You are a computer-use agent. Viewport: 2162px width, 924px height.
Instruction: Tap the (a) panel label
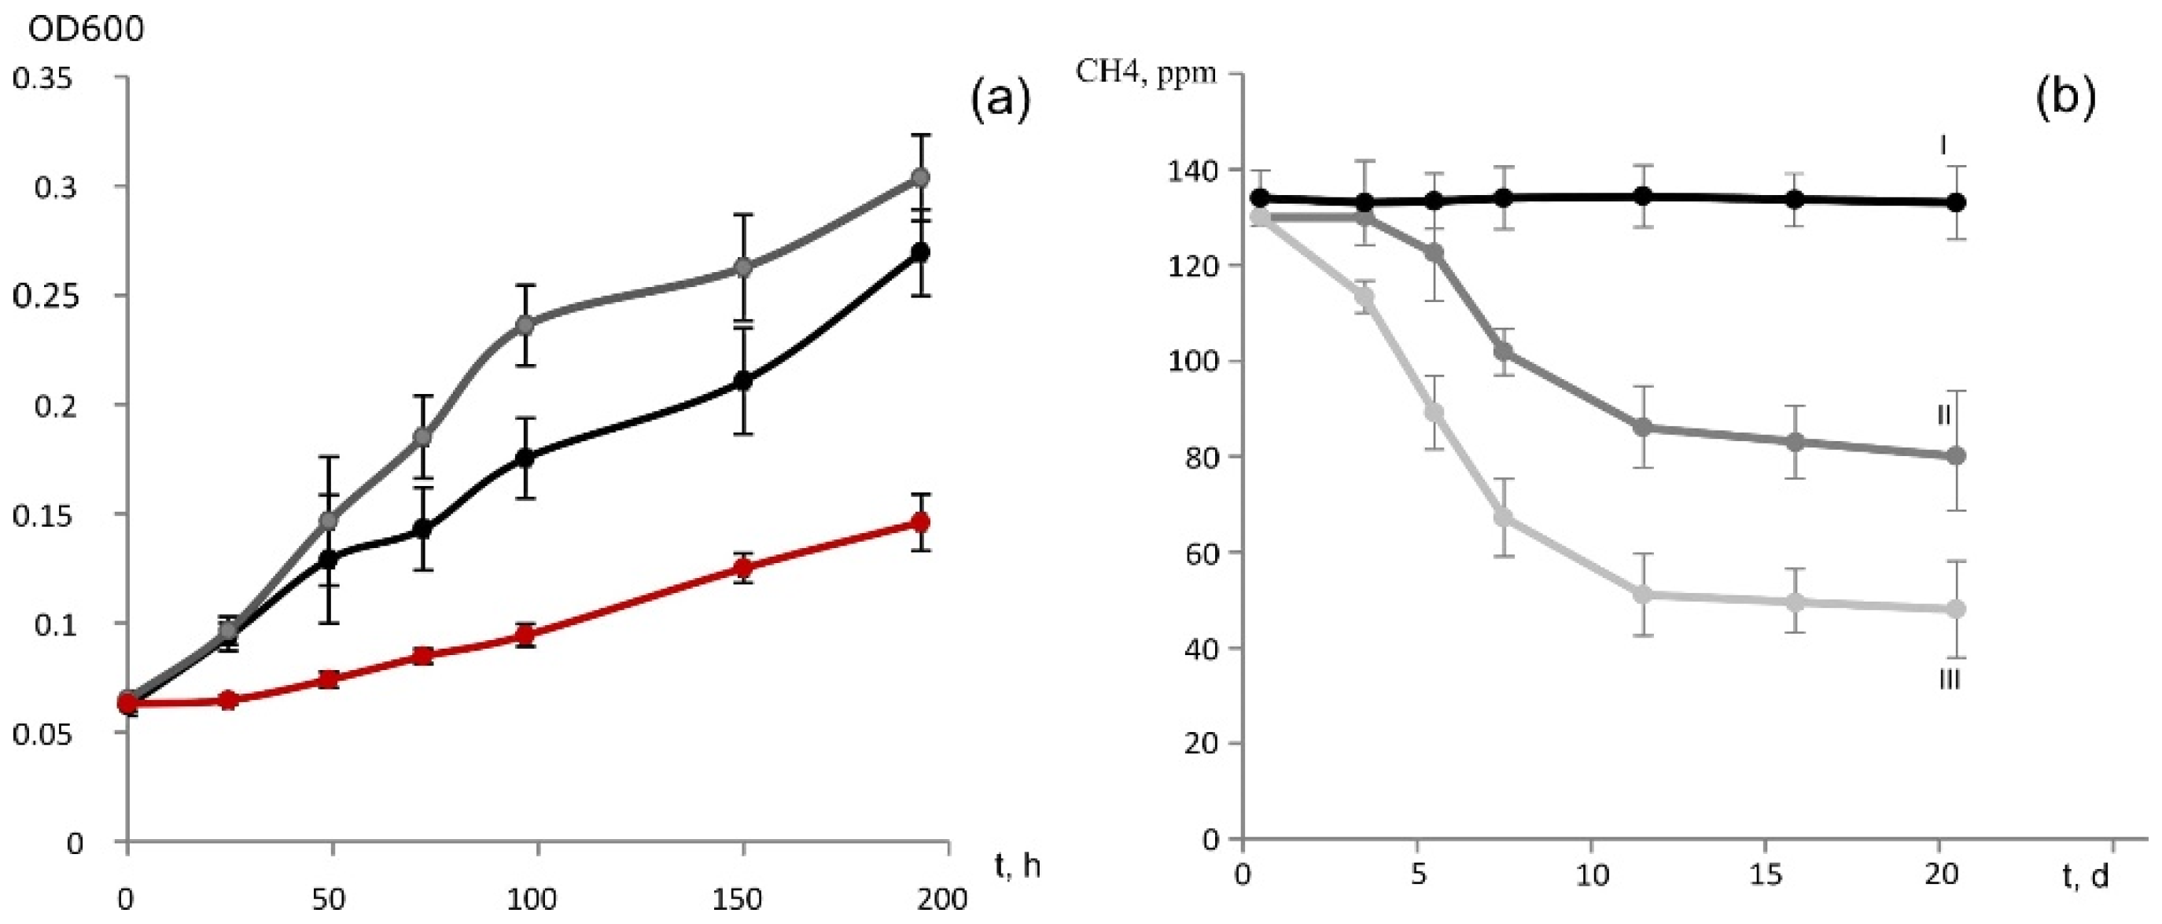coord(999,101)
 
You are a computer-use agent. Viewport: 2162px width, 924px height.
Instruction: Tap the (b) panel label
coord(2064,98)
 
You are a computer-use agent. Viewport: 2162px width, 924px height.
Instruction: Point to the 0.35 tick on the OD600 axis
coord(53,78)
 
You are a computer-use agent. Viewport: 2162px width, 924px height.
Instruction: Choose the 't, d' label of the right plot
coord(2086,876)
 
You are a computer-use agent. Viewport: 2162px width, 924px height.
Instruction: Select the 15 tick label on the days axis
coord(1766,874)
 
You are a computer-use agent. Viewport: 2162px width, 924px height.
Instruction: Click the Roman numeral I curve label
coord(1941,146)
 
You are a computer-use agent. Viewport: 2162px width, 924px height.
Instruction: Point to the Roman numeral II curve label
coord(1943,415)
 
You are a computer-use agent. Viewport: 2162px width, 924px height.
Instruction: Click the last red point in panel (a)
coord(921,523)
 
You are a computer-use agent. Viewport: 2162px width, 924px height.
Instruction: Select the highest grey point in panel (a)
coord(921,177)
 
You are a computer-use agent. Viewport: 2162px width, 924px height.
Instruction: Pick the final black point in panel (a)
coord(921,252)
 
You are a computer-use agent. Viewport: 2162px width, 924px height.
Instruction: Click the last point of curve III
coord(1955,609)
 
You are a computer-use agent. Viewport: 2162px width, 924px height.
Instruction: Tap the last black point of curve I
coord(1955,202)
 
